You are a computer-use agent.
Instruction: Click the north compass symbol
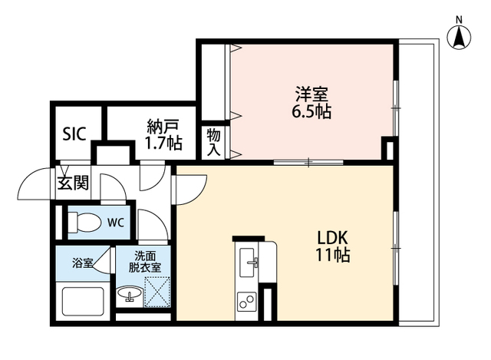pos(459,37)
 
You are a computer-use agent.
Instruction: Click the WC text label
pos(115,223)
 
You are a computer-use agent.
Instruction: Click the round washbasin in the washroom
pos(129,294)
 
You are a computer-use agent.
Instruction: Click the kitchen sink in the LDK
pos(250,262)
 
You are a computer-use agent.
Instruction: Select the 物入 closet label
pos(214,142)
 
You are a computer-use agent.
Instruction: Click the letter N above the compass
pos(459,18)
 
